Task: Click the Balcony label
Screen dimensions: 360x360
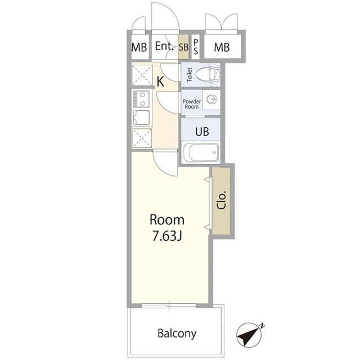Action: (176, 333)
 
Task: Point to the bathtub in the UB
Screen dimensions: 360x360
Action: (201, 152)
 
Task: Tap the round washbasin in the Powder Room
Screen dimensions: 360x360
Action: (212, 100)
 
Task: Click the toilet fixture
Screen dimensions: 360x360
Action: (208, 75)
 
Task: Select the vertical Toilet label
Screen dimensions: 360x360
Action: (190, 75)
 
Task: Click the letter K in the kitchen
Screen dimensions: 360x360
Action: (160, 82)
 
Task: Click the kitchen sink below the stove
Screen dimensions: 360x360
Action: (141, 118)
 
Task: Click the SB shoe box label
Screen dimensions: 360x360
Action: (183, 48)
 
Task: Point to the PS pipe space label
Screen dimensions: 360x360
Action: (195, 47)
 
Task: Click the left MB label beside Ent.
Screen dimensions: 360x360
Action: (139, 48)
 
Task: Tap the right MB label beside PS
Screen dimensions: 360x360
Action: (222, 48)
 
